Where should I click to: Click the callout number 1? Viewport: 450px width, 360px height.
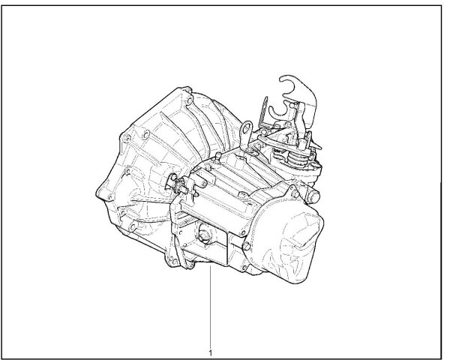coord(211,352)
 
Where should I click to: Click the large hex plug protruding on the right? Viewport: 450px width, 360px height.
coord(313,196)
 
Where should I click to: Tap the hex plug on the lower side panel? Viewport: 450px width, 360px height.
coord(204,236)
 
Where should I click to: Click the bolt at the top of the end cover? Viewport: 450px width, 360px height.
coord(295,194)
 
